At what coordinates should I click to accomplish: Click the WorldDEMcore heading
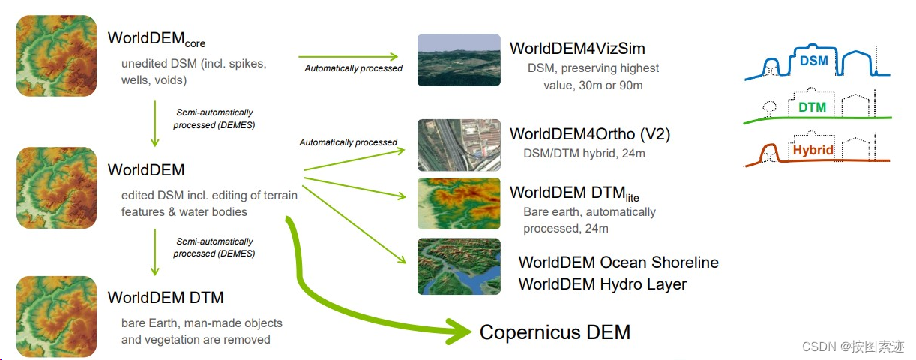[156, 39]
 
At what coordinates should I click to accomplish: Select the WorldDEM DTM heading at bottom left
[166, 298]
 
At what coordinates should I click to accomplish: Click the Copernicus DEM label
[555, 332]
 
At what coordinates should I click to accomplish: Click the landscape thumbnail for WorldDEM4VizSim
[459, 59]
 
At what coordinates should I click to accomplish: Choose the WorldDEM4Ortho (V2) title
[590, 134]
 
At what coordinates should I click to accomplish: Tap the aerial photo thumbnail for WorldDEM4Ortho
[459, 145]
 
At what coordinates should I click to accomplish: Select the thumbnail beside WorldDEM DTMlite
[459, 203]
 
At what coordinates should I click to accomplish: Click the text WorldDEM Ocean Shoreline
[618, 262]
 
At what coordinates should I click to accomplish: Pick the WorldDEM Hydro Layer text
[602, 284]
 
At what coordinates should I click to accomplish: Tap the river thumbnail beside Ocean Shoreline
[459, 266]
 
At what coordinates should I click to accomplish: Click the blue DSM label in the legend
[813, 60]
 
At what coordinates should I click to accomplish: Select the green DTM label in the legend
[812, 107]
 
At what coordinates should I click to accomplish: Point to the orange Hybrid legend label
[813, 150]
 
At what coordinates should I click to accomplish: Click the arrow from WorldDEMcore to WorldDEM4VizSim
[349, 56]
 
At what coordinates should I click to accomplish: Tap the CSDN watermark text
[852, 346]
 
